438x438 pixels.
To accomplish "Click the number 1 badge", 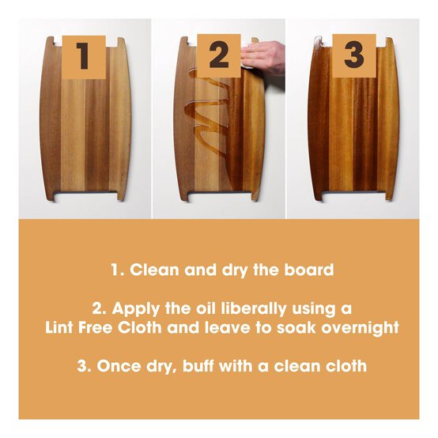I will coord(84,56).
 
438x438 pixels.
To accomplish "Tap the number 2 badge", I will coord(218,56).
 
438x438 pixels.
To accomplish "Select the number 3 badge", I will coord(353,56).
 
